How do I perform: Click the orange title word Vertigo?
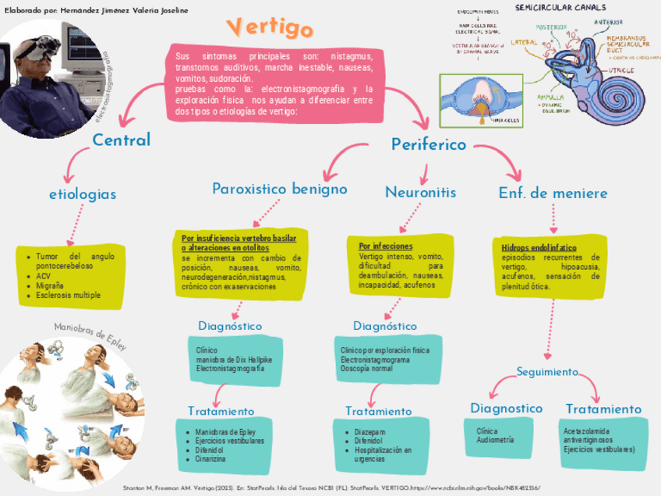pyautogui.click(x=271, y=27)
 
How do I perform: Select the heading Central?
pyautogui.click(x=122, y=140)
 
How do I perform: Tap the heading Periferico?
pyautogui.click(x=429, y=144)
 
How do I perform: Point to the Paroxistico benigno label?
pyautogui.click(x=280, y=190)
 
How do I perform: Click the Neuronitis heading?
pyautogui.click(x=420, y=192)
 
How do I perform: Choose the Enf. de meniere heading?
pyautogui.click(x=553, y=192)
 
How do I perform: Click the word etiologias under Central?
pyautogui.click(x=83, y=193)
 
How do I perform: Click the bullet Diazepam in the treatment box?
pyautogui.click(x=369, y=430)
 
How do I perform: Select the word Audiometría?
pyautogui.click(x=495, y=441)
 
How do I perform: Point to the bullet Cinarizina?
pyautogui.click(x=210, y=459)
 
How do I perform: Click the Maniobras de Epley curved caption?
pyautogui.click(x=90, y=335)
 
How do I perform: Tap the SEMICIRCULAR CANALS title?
pyautogui.click(x=560, y=8)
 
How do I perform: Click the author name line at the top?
pyautogui.click(x=97, y=10)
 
